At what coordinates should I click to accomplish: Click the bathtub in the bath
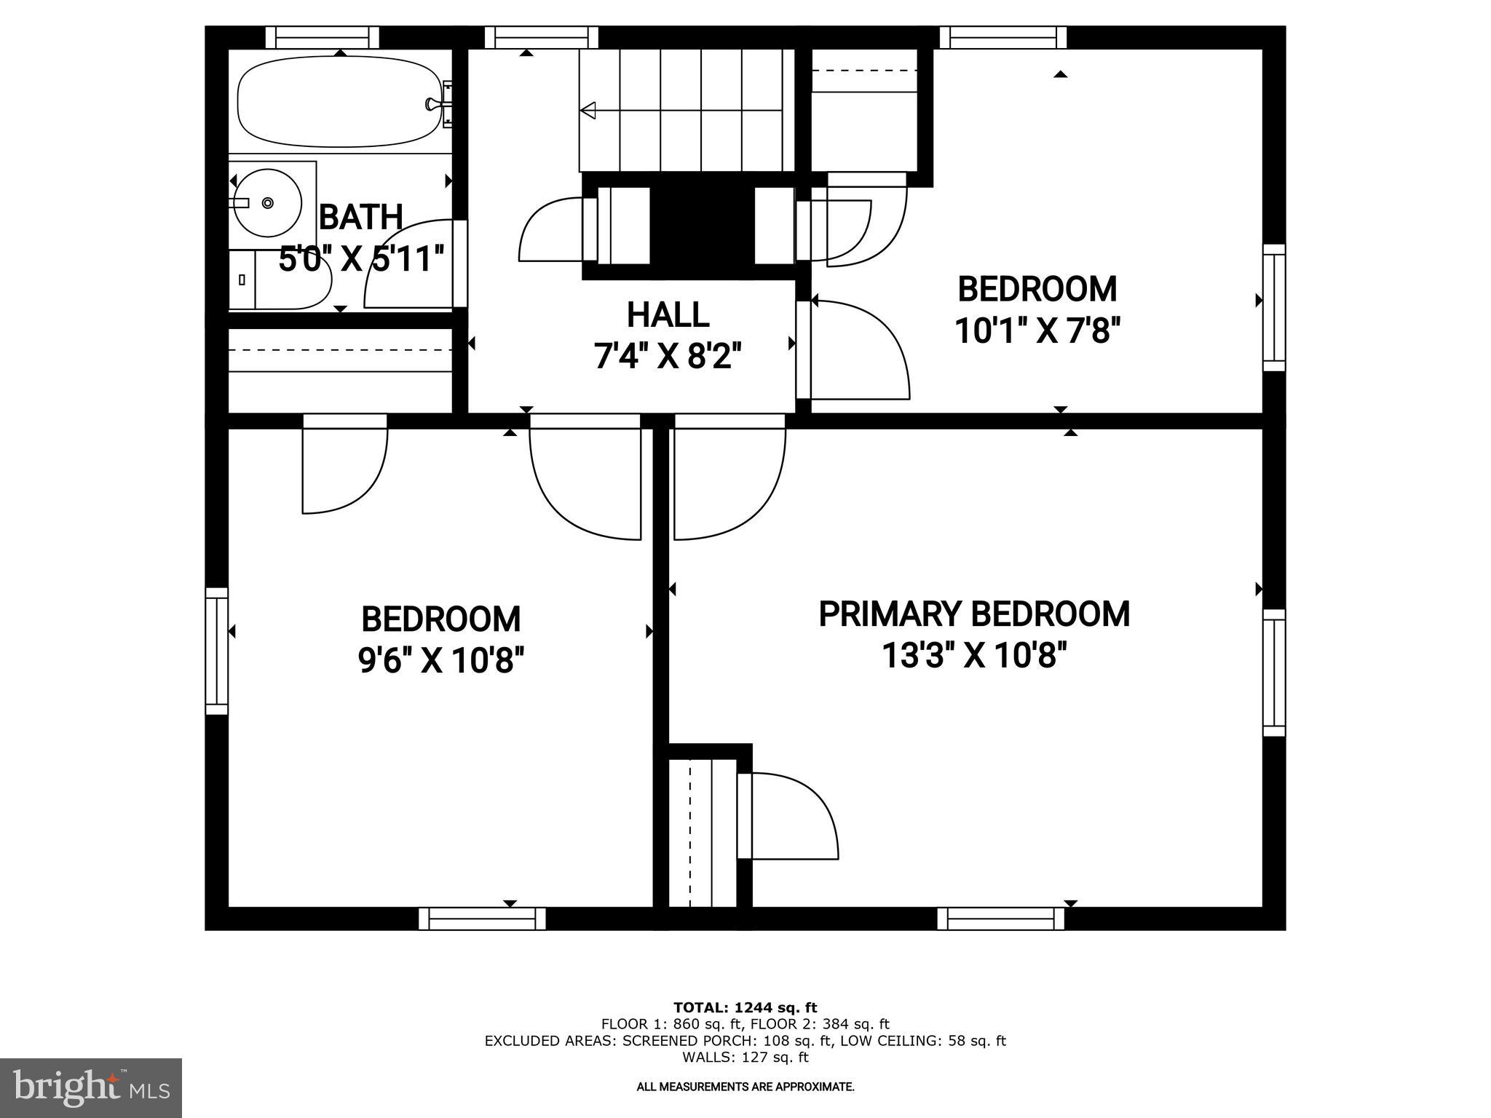pyautogui.click(x=339, y=102)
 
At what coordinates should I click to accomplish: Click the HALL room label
pyautogui.click(x=668, y=315)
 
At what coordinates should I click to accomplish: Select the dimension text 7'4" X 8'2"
pyautogui.click(x=668, y=357)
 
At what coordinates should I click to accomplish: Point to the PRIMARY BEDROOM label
pyautogui.click(x=974, y=614)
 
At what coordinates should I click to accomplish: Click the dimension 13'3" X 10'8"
pyautogui.click(x=974, y=655)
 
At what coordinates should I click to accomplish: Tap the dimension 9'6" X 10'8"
pyautogui.click(x=440, y=661)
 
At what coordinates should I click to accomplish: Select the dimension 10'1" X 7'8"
pyautogui.click(x=1036, y=331)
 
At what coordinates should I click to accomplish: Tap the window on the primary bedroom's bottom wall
pyautogui.click(x=1000, y=919)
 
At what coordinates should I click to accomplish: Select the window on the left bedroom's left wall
pyautogui.click(x=216, y=651)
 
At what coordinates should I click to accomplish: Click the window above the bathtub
pyautogui.click(x=322, y=37)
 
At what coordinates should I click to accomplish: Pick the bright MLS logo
pyautogui.click(x=90, y=1087)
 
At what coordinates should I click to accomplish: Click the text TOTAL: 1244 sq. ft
pyautogui.click(x=745, y=1007)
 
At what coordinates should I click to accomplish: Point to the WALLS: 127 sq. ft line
pyautogui.click(x=745, y=1057)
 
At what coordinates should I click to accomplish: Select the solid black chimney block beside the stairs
pyautogui.click(x=701, y=226)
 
